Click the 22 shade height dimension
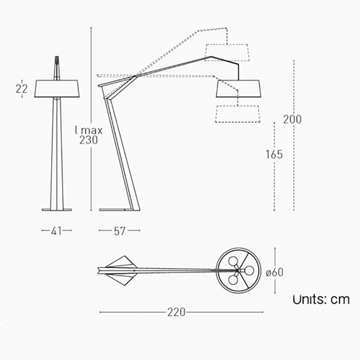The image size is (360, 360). pos(22,89)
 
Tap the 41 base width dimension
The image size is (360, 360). pos(57,231)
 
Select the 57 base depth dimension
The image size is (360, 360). pos(119,231)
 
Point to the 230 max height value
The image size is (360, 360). pos(89,140)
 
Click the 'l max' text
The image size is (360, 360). pos(89,130)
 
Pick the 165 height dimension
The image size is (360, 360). pos(274,154)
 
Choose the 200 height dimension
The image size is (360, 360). pos(292,119)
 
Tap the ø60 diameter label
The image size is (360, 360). pos(274,272)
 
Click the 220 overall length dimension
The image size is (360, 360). pos(176,312)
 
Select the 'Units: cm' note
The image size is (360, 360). pos(321,299)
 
